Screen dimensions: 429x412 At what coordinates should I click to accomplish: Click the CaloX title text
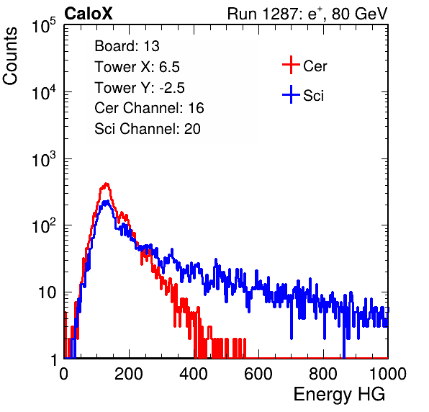pos(89,14)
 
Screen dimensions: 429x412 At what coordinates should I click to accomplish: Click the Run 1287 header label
pos(307,14)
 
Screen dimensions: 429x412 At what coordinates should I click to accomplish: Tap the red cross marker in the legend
pos(291,65)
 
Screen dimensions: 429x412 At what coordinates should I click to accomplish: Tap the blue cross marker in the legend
pos(291,94)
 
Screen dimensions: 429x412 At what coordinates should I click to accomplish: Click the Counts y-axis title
pos(10,56)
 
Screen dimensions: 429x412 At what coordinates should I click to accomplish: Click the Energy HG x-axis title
pos(339,395)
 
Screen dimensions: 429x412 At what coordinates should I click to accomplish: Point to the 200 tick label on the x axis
pos(129,374)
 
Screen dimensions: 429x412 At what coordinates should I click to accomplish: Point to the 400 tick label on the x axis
pos(194,374)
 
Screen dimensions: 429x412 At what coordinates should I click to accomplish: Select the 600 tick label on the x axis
pos(258,374)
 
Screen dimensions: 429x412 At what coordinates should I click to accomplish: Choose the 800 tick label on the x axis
pos(323,374)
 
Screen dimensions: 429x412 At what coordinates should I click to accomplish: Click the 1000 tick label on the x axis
pos(388,374)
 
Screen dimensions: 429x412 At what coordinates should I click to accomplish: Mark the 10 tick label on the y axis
pos(48,293)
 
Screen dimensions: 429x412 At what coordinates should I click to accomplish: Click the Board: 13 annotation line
pos(127,46)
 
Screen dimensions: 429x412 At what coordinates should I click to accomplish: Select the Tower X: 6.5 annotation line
pos(137,67)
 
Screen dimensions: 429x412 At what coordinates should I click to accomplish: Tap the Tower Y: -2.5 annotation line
pos(140,88)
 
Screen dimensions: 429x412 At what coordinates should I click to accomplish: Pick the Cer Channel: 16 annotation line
pos(149,108)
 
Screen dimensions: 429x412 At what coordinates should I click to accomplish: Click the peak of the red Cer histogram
pos(107,184)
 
